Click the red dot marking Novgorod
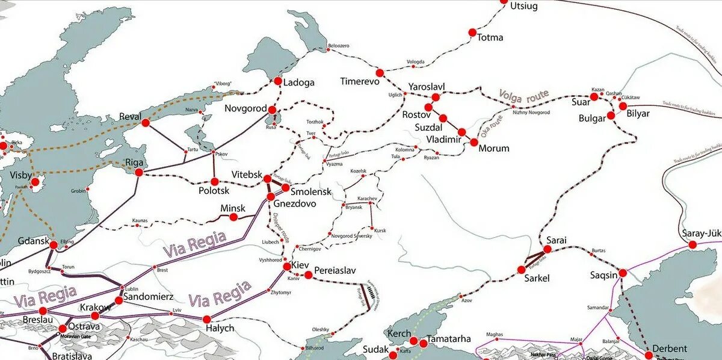point(273,110)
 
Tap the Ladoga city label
point(298,82)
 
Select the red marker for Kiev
point(286,265)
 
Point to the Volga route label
point(523,95)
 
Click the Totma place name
point(490,37)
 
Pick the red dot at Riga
point(139,172)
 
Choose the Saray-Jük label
point(701,234)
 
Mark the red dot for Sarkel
point(522,270)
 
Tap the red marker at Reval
point(145,122)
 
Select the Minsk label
point(233,208)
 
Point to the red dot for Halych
point(206,319)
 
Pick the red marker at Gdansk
point(54,245)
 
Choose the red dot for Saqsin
point(623,273)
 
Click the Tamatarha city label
point(449,339)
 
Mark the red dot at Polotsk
point(214,181)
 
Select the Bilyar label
point(638,114)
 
